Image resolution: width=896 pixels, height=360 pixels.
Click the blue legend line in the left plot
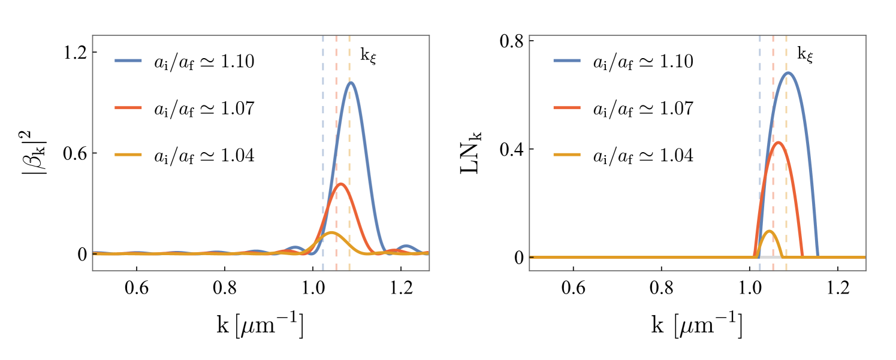coord(128,60)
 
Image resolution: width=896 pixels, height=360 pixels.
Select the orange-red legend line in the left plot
coord(128,108)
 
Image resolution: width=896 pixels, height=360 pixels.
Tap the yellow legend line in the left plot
coord(128,155)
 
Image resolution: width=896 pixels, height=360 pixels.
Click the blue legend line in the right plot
coord(566,60)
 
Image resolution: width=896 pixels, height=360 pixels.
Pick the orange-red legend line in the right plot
coord(566,108)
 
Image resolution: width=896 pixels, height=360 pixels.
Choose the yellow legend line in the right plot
coord(566,155)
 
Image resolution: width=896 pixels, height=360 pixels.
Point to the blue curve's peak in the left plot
coord(351,83)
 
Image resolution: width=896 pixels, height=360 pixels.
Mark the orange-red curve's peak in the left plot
coord(340,184)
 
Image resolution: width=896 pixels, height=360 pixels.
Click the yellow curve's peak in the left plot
coord(332,232)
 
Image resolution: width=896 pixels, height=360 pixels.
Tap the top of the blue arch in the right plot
coord(788,73)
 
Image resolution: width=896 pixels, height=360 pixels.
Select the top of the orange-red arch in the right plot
coord(778,143)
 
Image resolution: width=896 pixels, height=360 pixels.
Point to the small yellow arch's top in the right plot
coord(769,231)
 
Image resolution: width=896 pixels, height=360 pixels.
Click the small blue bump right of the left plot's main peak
coord(406,247)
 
